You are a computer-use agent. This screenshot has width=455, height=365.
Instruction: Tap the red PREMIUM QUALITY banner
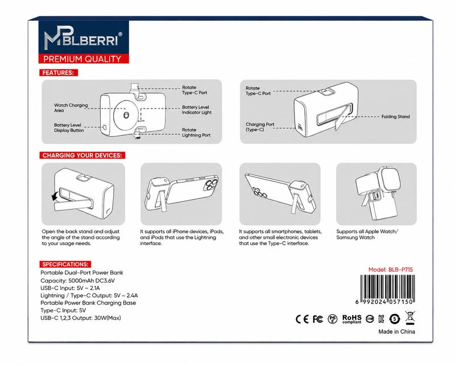(x=84, y=59)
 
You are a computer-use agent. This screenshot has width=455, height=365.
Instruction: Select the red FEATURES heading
(x=59, y=73)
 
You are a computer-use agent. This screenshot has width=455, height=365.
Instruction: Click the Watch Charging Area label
(x=71, y=107)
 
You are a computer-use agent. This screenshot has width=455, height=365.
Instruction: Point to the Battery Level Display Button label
(x=69, y=128)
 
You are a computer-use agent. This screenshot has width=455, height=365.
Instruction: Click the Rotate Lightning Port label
(x=196, y=132)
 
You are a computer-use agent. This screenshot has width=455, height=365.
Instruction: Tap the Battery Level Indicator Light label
(x=197, y=110)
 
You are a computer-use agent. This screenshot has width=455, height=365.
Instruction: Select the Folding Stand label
(x=395, y=117)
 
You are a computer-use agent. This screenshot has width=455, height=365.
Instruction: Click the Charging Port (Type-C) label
(x=260, y=127)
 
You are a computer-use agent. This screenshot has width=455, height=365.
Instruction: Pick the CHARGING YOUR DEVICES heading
(x=82, y=155)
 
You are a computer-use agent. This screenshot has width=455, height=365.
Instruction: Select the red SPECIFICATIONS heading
(x=65, y=264)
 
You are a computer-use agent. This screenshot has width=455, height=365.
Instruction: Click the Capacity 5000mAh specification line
(x=77, y=280)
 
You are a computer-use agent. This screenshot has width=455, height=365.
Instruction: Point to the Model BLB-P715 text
(x=391, y=269)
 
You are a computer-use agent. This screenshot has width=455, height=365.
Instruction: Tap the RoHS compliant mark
(x=352, y=319)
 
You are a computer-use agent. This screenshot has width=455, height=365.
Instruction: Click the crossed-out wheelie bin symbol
(x=409, y=318)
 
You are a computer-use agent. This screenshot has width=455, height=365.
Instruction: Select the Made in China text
(x=396, y=331)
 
